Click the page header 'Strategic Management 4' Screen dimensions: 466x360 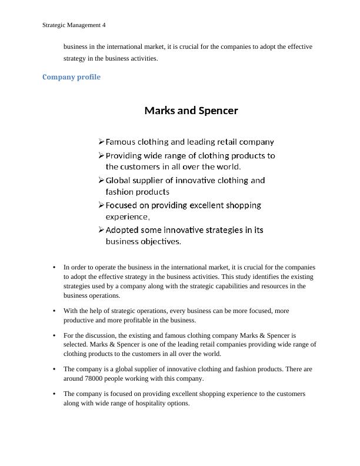coord(74,25)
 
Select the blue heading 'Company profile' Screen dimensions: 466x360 coord(71,77)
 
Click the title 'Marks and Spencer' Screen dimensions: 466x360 coord(191,111)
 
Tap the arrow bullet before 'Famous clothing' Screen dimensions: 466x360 coord(101,142)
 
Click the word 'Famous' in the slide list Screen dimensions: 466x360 coord(121,142)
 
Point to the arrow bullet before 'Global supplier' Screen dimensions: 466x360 coord(101,181)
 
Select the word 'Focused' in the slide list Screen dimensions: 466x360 coord(122,205)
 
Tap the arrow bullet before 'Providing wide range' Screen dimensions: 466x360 coord(101,156)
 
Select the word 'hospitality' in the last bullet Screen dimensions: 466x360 coord(150,403)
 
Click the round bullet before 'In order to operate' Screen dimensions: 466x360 coord(54,267)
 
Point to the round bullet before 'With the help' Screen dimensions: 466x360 coord(54,311)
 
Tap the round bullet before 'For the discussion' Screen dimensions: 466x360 coord(54,335)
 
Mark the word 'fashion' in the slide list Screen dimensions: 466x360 coord(119,192)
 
